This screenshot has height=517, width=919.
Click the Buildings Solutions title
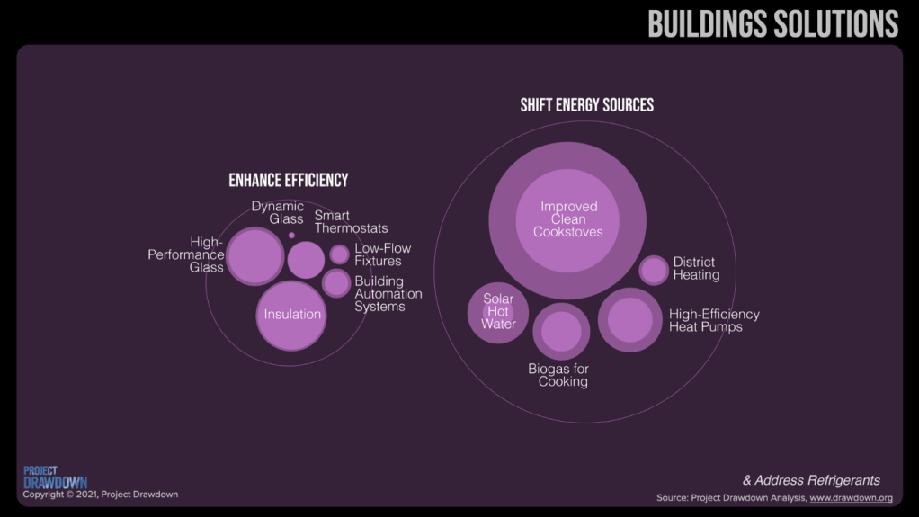(x=772, y=23)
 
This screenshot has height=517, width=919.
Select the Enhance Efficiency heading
(x=288, y=180)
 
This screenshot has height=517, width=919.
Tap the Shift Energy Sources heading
(x=586, y=105)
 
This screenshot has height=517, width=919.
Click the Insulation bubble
(x=291, y=315)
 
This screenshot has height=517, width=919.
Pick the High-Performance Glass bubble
(x=254, y=256)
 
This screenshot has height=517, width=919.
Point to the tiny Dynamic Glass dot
(x=291, y=236)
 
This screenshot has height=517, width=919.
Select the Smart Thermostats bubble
(x=306, y=260)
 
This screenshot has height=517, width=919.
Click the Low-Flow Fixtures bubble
(x=339, y=254)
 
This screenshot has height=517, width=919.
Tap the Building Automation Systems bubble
(x=336, y=283)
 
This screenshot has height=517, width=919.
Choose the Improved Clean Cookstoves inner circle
(x=567, y=219)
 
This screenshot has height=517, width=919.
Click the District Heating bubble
(x=654, y=270)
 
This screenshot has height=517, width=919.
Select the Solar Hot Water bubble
(x=497, y=313)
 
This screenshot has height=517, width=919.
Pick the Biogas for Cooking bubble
(x=561, y=331)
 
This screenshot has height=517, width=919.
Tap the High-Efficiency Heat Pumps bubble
(x=629, y=319)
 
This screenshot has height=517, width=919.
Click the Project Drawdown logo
(x=55, y=477)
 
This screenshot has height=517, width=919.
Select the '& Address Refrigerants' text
(x=811, y=480)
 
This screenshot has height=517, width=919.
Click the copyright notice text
(x=100, y=495)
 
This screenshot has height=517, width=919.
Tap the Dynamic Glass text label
(x=277, y=212)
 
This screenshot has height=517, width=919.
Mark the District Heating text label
(x=696, y=269)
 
